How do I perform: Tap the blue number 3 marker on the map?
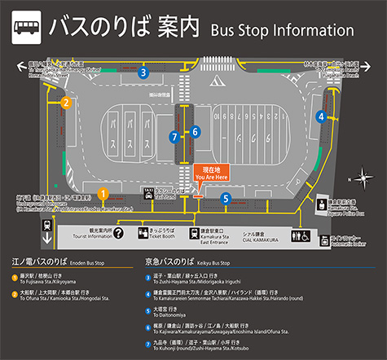pyautogui.click(x=143, y=72)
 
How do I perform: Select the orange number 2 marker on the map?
pyautogui.click(x=66, y=103)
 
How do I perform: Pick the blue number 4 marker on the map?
pyautogui.click(x=322, y=116)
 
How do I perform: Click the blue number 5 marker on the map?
pyautogui.click(x=225, y=198)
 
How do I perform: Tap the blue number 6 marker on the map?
pyautogui.click(x=196, y=131)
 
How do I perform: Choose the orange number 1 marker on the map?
pyautogui.click(x=103, y=193)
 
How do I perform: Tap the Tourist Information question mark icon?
pyautogui.click(x=119, y=235)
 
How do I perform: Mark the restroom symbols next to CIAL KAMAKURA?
pyautogui.click(x=298, y=235)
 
